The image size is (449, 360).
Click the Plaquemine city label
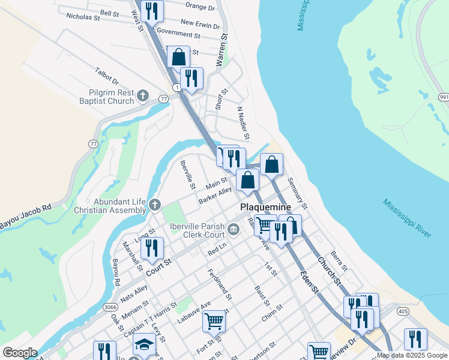point(265,207)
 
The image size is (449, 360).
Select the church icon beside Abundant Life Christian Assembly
point(154,205)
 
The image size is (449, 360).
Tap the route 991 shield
point(444,97)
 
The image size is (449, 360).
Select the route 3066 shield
point(110,307)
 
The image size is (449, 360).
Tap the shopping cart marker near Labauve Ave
point(214,321)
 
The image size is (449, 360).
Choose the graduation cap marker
point(144,345)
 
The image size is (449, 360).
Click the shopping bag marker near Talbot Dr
point(179,57)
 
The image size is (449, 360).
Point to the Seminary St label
point(297,193)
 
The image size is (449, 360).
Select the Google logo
point(20,353)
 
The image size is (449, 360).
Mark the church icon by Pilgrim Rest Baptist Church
point(143,95)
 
